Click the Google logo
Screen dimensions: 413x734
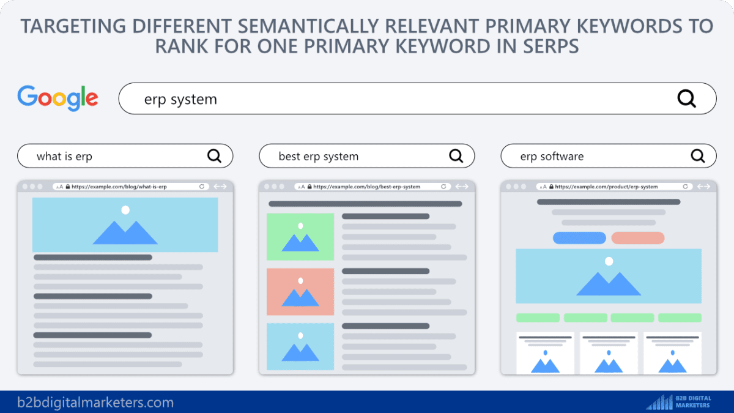[x=58, y=99]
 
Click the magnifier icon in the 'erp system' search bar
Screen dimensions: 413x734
[x=686, y=99]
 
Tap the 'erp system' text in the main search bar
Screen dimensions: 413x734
[x=180, y=99]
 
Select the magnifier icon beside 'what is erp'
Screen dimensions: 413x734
[x=214, y=156]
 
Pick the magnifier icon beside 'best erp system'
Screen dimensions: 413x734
[x=456, y=156]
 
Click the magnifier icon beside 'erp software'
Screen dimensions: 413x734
[x=698, y=156]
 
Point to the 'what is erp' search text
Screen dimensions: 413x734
[x=64, y=157]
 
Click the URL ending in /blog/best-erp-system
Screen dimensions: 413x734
[x=366, y=187]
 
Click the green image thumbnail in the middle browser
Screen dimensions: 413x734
[x=300, y=237]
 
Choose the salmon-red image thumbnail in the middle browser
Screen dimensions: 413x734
[x=300, y=292]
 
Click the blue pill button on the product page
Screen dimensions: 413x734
[x=579, y=238]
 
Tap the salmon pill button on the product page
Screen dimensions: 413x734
[x=637, y=238]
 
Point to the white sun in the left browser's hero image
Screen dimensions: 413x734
[x=125, y=210]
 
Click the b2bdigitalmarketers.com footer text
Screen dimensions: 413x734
[x=95, y=403]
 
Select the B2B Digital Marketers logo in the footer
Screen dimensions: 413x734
[x=679, y=401]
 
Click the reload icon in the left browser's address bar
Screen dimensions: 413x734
[x=202, y=187]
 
